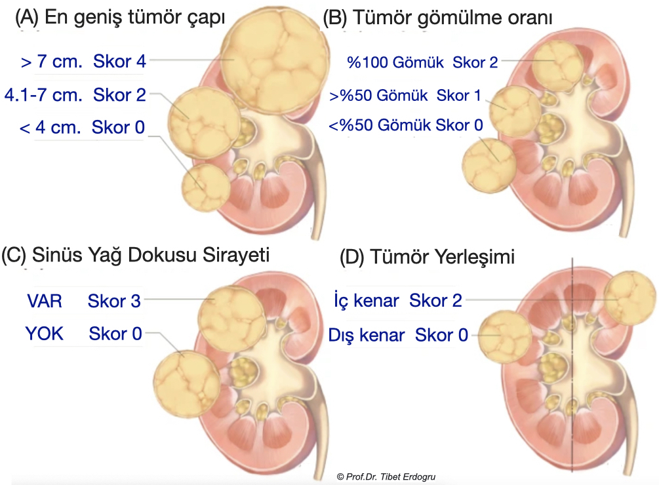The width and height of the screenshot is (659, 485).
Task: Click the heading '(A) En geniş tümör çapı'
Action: pyautogui.click(x=120, y=18)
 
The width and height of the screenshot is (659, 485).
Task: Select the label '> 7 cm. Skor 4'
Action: pyautogui.click(x=83, y=62)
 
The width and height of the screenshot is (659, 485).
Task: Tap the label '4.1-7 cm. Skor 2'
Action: pyautogui.click(x=75, y=95)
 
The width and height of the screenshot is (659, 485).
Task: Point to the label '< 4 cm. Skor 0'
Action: pyautogui.click(x=82, y=127)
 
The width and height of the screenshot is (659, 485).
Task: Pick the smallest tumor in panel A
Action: pyautogui.click(x=206, y=187)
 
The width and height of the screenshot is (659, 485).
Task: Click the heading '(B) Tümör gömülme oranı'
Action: pyautogui.click(x=437, y=18)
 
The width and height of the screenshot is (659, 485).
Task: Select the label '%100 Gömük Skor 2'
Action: pyautogui.click(x=422, y=62)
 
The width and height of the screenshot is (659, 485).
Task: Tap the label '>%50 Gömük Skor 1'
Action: pyautogui.click(x=405, y=96)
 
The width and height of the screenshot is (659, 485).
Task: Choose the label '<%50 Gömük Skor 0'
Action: pyautogui.click(x=406, y=125)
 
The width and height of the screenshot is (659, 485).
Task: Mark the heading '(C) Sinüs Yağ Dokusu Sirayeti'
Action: pyautogui.click(x=135, y=255)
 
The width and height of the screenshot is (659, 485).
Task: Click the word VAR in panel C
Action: pyautogui.click(x=45, y=301)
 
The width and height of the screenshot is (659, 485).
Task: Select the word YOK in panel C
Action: pyautogui.click(x=45, y=334)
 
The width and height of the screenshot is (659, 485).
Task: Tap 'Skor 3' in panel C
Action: pyautogui.click(x=114, y=301)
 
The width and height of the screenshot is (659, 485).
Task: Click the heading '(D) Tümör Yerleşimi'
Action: pyautogui.click(x=427, y=257)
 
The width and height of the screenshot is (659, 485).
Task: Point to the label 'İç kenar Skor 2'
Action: pyautogui.click(x=398, y=300)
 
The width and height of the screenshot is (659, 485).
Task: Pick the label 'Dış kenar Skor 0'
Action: pyautogui.click(x=398, y=335)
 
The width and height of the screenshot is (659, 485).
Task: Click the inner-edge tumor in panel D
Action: pyautogui.click(x=629, y=298)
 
